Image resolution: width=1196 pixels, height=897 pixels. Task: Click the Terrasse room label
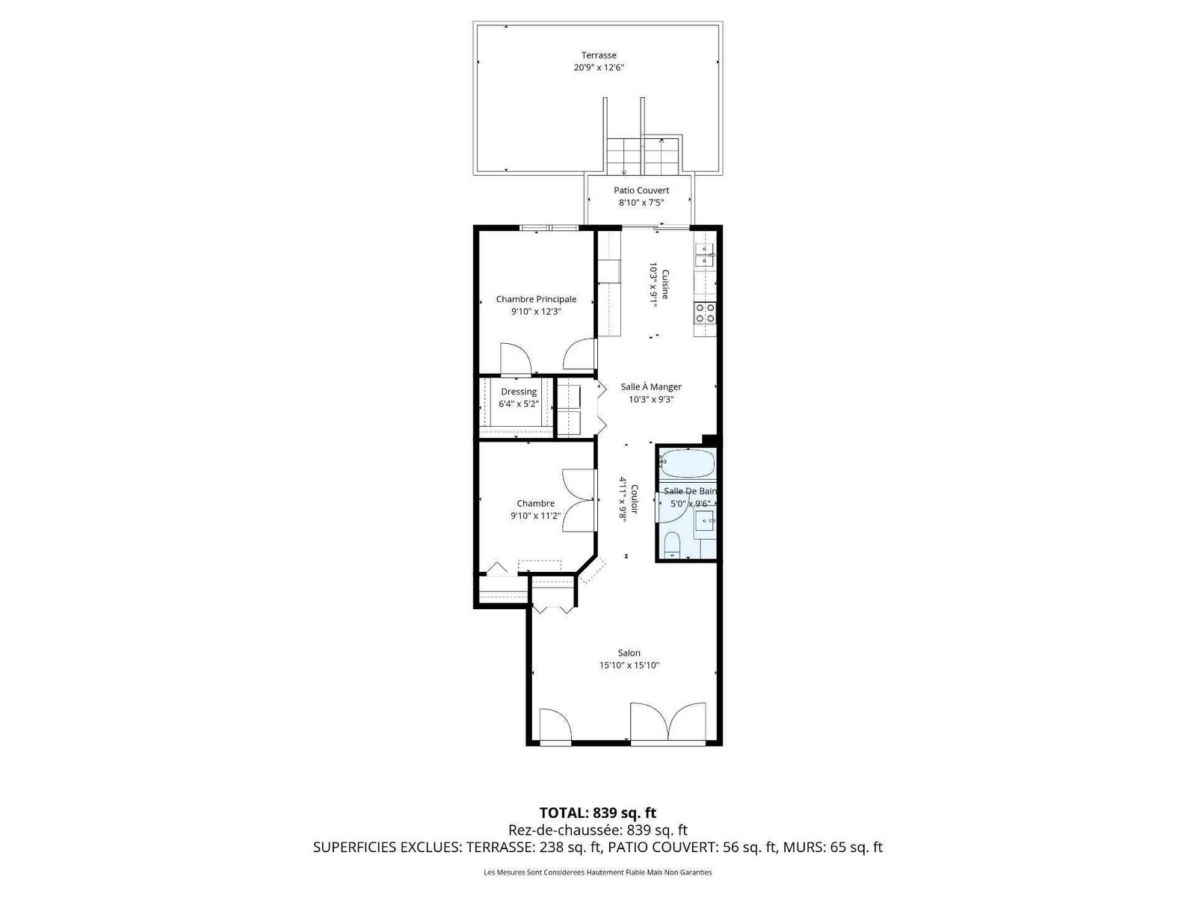coord(598,55)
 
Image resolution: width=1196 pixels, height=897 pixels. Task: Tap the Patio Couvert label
coord(641,190)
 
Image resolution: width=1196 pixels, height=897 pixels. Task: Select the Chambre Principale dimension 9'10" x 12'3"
coord(536,312)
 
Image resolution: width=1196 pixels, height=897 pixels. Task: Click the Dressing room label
coord(519,392)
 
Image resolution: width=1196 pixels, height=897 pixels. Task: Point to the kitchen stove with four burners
coord(705,312)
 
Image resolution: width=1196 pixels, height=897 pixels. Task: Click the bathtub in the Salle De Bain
coord(687,463)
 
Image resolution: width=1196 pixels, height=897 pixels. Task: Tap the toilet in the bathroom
coord(672,545)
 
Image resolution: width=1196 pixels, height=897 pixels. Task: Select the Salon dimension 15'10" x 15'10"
coord(629,665)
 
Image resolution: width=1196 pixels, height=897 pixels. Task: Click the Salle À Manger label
coord(650,386)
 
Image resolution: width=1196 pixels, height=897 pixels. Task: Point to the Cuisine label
coord(665,284)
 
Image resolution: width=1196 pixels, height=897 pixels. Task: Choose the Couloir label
coord(634,499)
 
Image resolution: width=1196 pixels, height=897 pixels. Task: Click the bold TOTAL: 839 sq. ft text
coord(598,813)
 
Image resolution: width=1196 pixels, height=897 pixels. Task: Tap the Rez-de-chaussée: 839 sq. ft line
coord(598,830)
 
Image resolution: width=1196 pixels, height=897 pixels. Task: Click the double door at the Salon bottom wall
coord(668,722)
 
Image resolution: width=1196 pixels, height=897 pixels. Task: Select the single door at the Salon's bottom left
coord(555,725)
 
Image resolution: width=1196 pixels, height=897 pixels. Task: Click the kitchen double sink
coord(705,255)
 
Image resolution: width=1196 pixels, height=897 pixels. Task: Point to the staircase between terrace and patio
coord(643,155)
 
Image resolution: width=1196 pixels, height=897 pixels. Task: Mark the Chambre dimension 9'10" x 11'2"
coord(535,516)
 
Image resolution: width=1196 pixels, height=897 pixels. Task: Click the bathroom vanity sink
coord(705,521)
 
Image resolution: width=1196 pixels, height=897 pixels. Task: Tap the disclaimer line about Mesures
coord(598,872)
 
